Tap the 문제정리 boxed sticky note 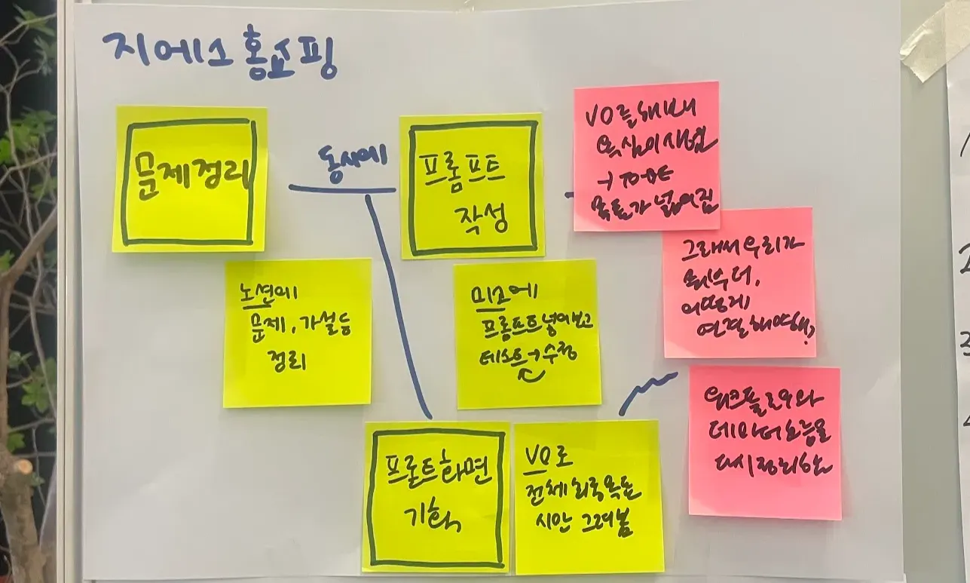tap(189, 180)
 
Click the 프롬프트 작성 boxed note tap(473, 186)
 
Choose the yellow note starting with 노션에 tap(298, 333)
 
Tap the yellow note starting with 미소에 tap(528, 334)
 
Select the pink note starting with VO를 tap(646, 156)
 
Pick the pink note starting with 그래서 tap(739, 283)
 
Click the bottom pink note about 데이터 tap(764, 443)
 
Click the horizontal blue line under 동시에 tap(342, 189)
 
